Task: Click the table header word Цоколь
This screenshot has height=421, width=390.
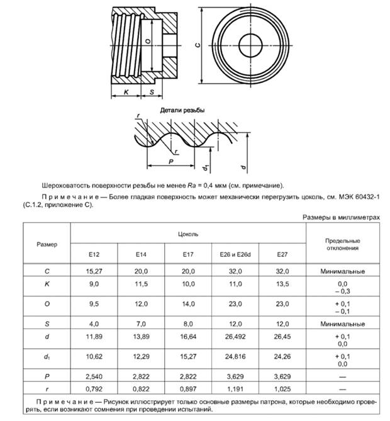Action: click(x=188, y=233)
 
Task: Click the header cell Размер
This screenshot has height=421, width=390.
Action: click(x=47, y=244)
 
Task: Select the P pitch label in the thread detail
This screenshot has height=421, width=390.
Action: click(x=171, y=162)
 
